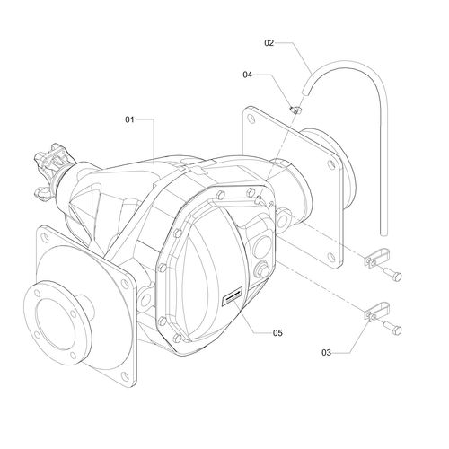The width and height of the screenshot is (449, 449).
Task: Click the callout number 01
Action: coord(129,119)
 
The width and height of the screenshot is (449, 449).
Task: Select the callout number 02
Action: coord(269,43)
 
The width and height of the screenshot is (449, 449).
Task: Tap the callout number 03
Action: coord(326,353)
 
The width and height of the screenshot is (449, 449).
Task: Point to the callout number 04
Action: coord(247,75)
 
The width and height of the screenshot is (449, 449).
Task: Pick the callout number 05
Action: coord(277,333)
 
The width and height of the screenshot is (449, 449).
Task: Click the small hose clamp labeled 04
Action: coord(295,110)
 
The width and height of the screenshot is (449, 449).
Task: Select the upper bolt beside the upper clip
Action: coord(392,274)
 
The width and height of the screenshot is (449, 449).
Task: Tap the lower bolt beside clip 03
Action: coord(392,328)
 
